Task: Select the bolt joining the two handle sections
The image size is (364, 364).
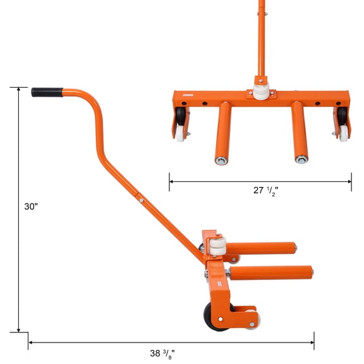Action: pos(143,201)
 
